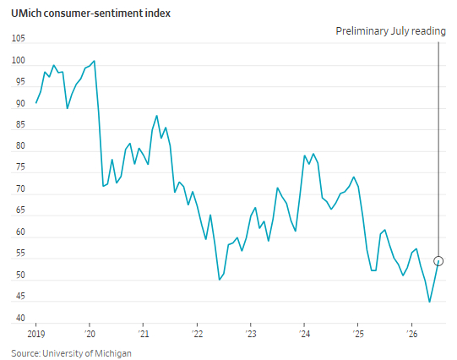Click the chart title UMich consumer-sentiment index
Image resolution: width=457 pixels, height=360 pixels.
point(90,14)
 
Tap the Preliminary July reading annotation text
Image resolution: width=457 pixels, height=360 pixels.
point(390,31)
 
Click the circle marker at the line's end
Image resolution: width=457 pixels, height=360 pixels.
point(438,261)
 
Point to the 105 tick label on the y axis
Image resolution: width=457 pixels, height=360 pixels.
point(18,39)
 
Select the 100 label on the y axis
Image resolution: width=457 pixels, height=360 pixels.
point(18,60)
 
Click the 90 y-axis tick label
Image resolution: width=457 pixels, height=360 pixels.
point(20,103)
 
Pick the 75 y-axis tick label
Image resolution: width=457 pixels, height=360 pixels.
point(20,167)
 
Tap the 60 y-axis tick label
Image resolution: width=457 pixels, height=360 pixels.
point(20,232)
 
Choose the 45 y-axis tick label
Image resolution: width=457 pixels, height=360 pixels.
point(20,297)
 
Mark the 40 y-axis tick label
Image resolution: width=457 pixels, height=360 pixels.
point(20,318)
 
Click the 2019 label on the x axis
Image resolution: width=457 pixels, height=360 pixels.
point(36,334)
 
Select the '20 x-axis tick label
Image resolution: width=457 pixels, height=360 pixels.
point(90,334)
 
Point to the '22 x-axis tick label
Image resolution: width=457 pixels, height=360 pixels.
point(198,334)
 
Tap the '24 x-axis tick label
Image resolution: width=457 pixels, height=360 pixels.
point(304,334)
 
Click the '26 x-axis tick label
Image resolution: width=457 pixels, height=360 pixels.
point(412,334)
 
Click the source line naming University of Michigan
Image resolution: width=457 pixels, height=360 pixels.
point(72,353)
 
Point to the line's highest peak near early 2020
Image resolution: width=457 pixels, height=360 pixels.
point(94,61)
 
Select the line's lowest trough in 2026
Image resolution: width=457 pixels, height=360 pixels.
point(430,302)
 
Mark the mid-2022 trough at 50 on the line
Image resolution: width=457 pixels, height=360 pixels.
point(220,280)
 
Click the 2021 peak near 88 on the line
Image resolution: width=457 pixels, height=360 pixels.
point(157,116)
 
